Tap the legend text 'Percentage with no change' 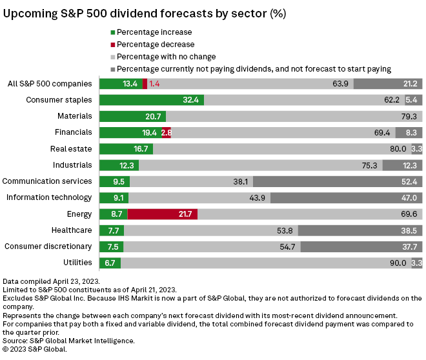coord(167,57)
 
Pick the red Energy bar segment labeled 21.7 coord(163,214)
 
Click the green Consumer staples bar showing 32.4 coord(152,100)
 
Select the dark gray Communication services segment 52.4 coord(338,181)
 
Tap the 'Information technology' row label coord(49,197)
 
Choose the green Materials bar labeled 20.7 coord(132,116)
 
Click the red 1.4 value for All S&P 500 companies coord(154,84)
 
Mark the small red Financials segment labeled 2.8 coord(166,132)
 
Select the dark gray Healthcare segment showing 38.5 coord(360,230)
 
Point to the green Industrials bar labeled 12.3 coord(119,165)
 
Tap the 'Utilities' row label coord(77,263)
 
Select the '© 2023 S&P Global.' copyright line coord(35,348)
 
